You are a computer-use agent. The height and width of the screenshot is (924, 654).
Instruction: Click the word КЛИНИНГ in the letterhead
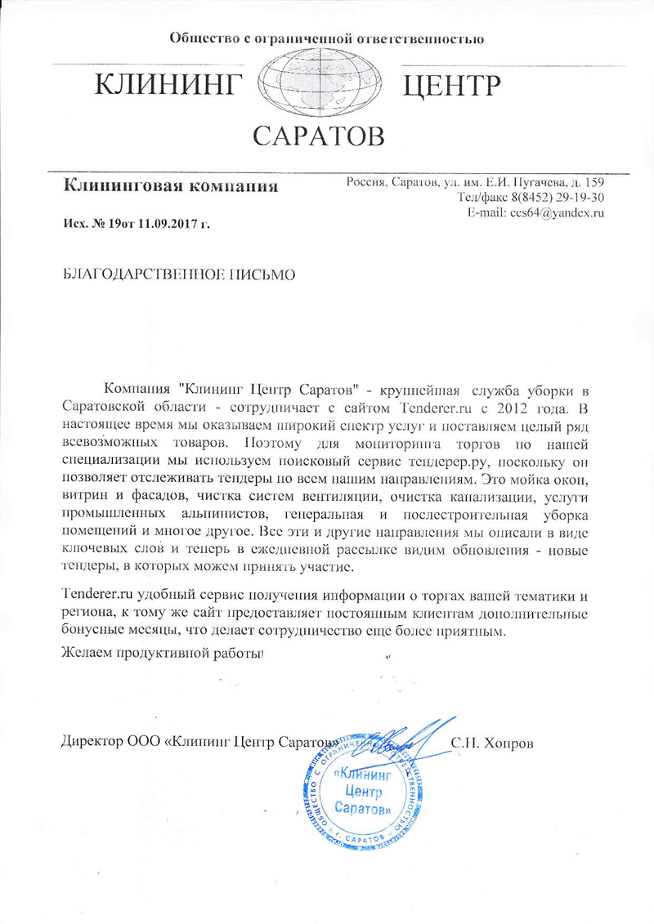171,85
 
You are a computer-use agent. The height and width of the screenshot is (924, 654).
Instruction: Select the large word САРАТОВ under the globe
318,136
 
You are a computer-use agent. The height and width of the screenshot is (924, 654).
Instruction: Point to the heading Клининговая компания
170,186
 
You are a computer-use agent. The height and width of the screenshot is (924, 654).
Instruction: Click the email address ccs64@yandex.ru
557,212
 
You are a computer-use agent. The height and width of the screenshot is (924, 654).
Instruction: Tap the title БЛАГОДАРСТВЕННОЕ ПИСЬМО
179,273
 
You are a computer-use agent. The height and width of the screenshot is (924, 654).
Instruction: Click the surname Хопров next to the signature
509,743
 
